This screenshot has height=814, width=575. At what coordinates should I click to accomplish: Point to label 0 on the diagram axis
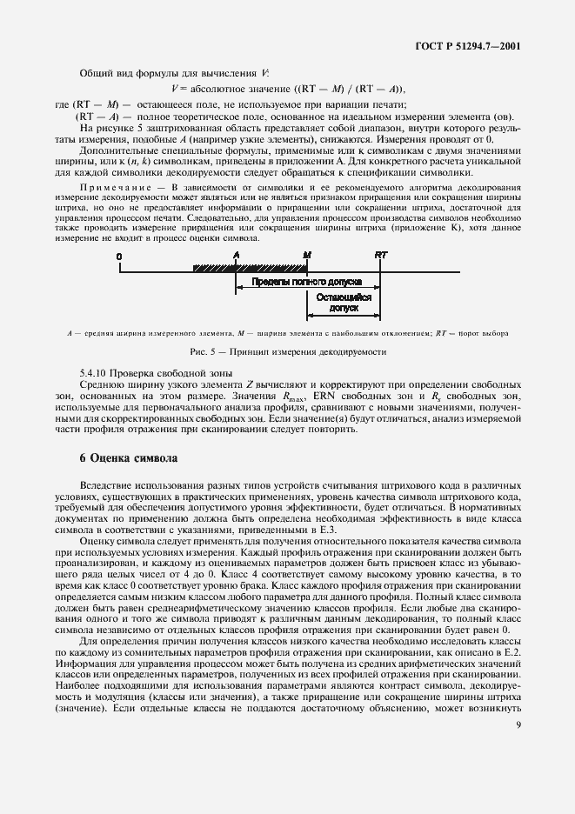(x=118, y=254)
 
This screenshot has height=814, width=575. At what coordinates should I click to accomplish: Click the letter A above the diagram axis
(x=237, y=254)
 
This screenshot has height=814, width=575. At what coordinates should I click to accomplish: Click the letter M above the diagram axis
(x=306, y=254)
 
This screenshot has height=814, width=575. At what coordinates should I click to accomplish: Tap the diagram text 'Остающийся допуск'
(x=343, y=303)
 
